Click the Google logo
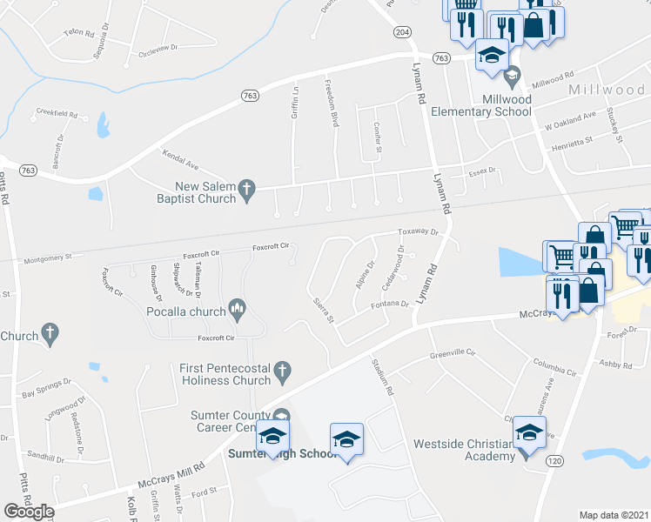(29, 512)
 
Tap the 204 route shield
(401, 31)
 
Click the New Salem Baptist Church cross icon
(247, 189)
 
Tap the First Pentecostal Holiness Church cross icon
(281, 372)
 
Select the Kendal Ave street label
(180, 158)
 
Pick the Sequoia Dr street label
(104, 33)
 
